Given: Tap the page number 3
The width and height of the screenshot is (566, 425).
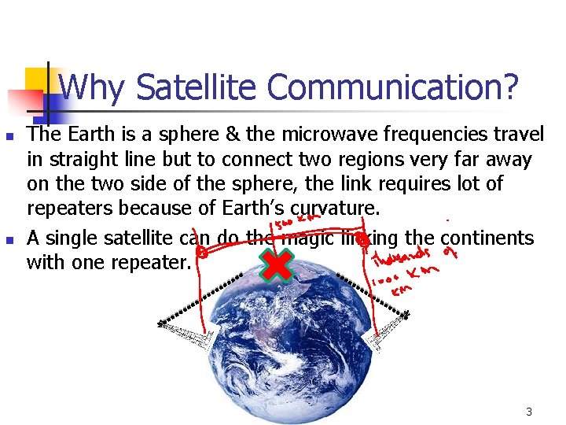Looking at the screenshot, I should tap(529, 412).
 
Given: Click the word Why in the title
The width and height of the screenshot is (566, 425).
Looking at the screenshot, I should tap(91, 87).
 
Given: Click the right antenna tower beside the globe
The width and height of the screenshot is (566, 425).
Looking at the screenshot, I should tap(406, 316).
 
